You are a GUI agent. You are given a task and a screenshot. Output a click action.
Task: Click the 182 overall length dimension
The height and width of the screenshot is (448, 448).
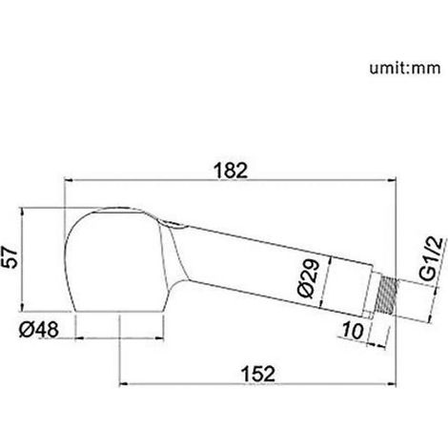point(231,171)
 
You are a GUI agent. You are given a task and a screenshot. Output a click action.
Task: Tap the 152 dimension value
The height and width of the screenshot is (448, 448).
point(258,374)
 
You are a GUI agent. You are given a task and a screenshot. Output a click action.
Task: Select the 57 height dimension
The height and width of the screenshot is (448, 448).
point(10,257)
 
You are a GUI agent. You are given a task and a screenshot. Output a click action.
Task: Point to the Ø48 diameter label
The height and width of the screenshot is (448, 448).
point(39,330)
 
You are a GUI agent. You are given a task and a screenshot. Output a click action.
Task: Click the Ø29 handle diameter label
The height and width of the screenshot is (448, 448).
point(309,278)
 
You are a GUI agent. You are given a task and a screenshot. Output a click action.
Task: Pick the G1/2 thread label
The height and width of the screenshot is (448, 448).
point(433,258)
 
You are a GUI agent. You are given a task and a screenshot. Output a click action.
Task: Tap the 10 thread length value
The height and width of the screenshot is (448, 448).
point(352,331)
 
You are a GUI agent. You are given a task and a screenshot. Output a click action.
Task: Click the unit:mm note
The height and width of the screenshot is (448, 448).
point(405,69)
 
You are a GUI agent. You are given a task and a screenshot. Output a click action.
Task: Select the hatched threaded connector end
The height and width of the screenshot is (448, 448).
point(388,296)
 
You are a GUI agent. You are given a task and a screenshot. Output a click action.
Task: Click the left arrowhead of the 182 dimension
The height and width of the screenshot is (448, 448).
point(69,180)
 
